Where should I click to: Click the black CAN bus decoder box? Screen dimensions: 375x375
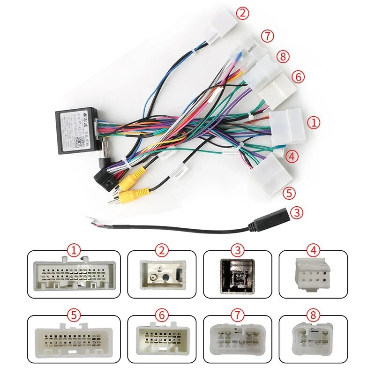coord(75,131)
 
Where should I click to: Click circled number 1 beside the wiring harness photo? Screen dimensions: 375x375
coord(313,123)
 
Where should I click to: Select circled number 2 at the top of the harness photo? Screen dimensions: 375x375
coord(242,13)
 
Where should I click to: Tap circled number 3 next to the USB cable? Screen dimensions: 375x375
coord(296,212)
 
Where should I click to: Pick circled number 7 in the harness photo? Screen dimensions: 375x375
coord(268,35)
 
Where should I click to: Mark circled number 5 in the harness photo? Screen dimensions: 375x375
coord(289,193)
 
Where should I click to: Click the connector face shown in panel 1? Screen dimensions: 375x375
coord(74,275)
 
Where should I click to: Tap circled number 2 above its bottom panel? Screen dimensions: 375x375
coord(162,250)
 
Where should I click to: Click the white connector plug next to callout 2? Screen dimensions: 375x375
coord(223,21)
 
